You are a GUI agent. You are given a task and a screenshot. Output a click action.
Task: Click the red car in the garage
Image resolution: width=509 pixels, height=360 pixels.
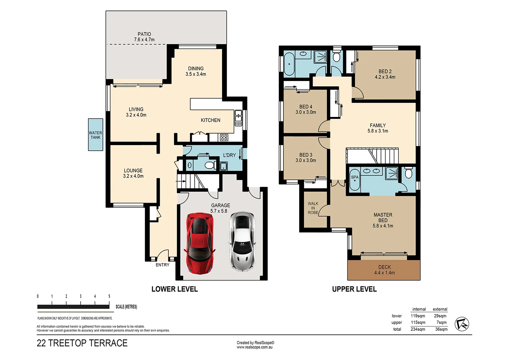tap(200, 243)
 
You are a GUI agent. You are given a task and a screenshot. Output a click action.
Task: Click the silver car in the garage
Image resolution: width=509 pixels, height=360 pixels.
tap(242, 241)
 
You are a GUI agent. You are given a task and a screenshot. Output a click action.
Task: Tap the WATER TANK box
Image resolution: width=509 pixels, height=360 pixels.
tap(95, 135)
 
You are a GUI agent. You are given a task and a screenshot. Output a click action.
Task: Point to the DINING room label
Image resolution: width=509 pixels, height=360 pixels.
tap(196, 68)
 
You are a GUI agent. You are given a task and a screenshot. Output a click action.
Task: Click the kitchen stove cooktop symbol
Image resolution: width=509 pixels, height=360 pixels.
tap(224, 137)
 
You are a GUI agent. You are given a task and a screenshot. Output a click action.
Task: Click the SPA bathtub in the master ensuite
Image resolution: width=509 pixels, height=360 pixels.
tap(355, 179)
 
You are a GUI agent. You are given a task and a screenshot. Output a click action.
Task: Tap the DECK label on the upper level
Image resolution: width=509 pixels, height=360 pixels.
tap(384, 267)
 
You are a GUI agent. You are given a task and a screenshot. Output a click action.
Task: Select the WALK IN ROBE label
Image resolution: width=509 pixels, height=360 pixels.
tap(313, 208)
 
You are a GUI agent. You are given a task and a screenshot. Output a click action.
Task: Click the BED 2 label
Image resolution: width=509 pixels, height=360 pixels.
tap(385, 71)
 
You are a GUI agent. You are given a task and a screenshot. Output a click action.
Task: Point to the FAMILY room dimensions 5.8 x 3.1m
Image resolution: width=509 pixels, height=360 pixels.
tap(378, 131)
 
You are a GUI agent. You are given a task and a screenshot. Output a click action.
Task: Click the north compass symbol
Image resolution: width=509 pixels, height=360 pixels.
tap(462, 324)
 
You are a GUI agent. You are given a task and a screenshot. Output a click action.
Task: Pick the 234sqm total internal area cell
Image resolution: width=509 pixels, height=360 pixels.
tap(418, 329)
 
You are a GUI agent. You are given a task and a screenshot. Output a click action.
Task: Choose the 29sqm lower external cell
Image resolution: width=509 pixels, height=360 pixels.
tap(440, 316)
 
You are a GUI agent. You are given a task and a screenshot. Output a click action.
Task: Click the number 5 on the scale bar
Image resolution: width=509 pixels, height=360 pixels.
tap(109, 296)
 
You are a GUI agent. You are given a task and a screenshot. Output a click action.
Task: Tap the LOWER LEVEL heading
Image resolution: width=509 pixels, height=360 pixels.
tap(174, 289)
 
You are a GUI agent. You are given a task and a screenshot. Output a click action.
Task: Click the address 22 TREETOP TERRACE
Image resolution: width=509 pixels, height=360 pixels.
tap(82, 343)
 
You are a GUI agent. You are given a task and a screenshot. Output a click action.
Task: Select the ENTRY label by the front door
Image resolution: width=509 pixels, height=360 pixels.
tap(162, 265)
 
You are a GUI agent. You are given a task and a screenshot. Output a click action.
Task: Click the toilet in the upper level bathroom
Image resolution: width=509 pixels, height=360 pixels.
tap(336, 57)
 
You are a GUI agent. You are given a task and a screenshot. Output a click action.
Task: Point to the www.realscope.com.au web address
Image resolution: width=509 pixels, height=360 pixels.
tap(254, 347)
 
